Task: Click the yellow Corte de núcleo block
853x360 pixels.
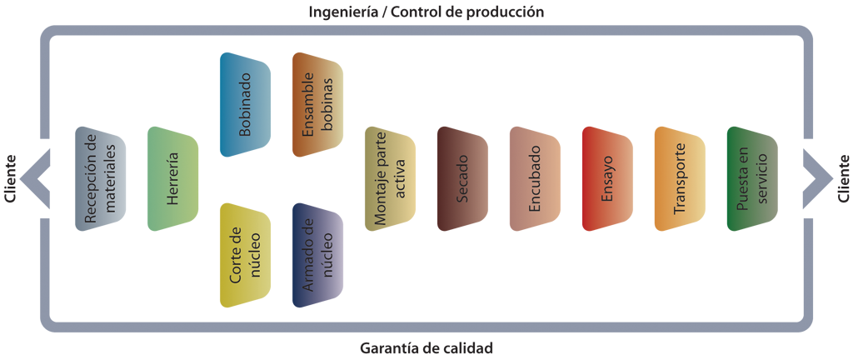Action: point(242,250)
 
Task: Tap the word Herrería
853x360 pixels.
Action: point(173,179)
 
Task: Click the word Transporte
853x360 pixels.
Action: point(679,178)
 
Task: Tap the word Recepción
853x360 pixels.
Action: point(91,179)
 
